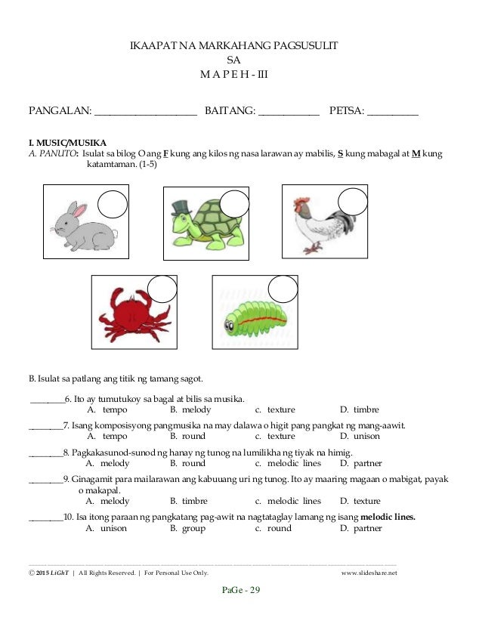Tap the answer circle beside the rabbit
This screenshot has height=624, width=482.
click(113, 205)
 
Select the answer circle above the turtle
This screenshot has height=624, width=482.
click(234, 205)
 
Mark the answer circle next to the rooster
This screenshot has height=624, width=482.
click(352, 202)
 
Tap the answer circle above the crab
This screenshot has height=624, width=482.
click(162, 290)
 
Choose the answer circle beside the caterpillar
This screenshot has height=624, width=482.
click(283, 290)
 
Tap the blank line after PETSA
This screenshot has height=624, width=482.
click(392, 113)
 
